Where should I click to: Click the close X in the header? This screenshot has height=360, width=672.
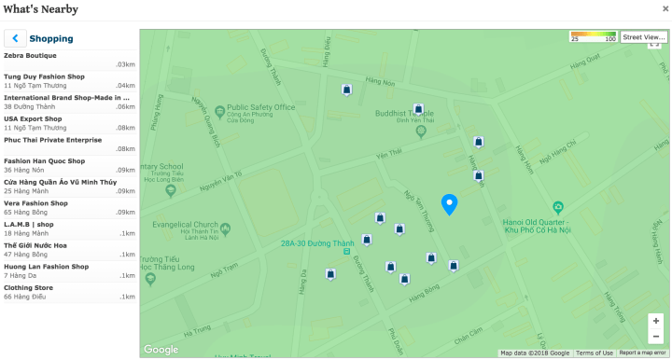pyautogui.click(x=665, y=8)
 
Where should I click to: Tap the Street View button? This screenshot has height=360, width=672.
pyautogui.click(x=643, y=36)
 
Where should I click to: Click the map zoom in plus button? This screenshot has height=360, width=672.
pyautogui.click(x=656, y=321)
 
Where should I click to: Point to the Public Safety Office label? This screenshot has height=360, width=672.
pyautogui.click(x=260, y=107)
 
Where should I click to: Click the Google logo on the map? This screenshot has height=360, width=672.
pyautogui.click(x=161, y=350)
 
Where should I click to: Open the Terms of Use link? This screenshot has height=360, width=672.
pyautogui.click(x=594, y=353)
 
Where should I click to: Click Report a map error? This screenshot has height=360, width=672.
pyautogui.click(x=642, y=353)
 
